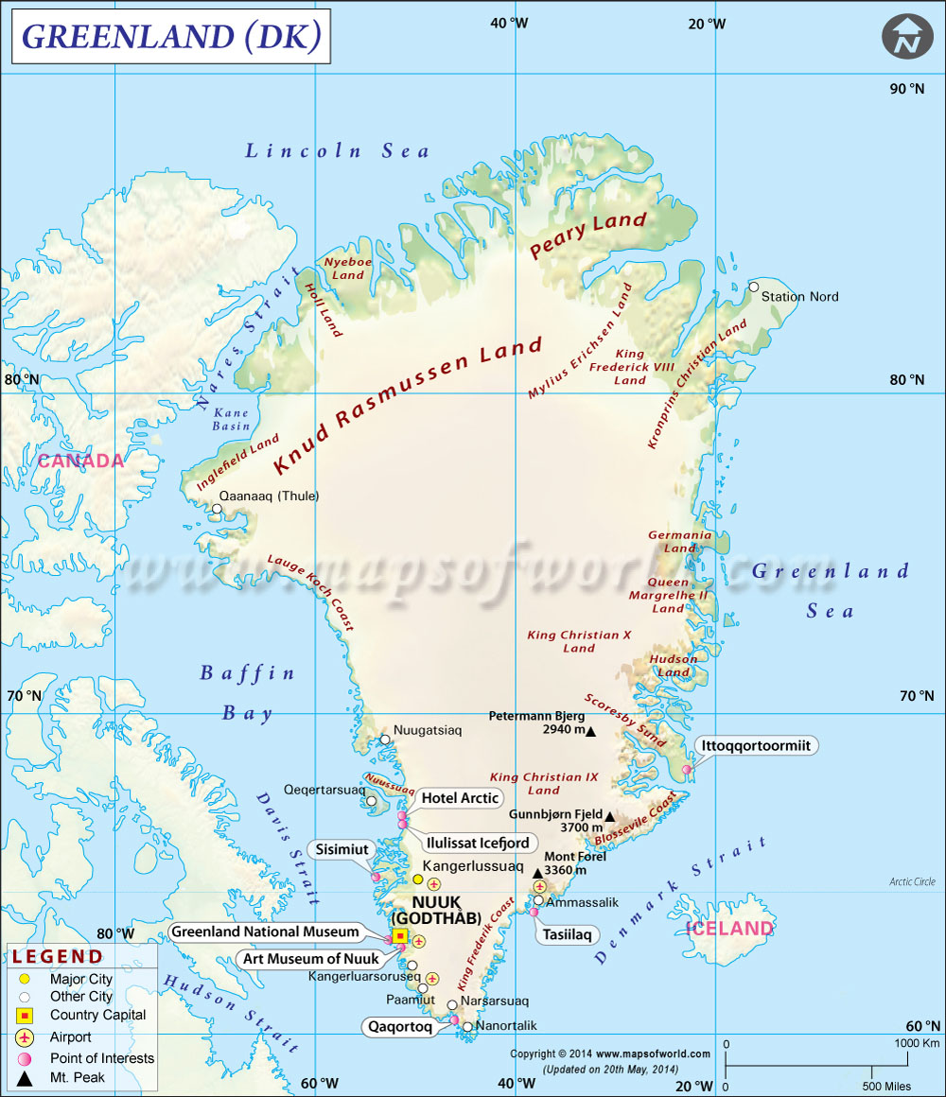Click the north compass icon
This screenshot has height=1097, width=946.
tap(907, 37)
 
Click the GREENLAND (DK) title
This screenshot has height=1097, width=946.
tap(171, 37)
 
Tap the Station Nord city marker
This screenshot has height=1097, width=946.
tap(754, 287)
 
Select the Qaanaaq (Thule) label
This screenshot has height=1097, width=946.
tap(270, 496)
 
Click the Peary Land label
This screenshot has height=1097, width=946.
tap(587, 235)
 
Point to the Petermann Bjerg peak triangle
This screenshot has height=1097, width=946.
tap(591, 731)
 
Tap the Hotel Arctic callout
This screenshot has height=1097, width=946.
tap(460, 798)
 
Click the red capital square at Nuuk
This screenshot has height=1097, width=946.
tap(400, 936)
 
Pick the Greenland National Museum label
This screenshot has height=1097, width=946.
tap(265, 932)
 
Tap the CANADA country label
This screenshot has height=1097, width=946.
tap(80, 461)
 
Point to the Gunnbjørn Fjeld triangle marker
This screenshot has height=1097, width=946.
tap(610, 817)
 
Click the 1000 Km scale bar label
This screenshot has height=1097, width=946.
tap(917, 1043)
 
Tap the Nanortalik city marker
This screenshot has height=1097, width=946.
tap(467, 1026)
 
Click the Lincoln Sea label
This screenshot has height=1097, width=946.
tap(337, 150)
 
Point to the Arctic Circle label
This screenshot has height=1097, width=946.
tap(912, 881)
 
